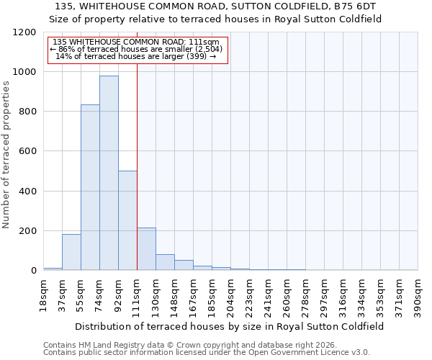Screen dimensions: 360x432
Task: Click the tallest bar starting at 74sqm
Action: (x=109, y=173)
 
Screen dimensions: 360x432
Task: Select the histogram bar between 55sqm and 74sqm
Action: (x=90, y=187)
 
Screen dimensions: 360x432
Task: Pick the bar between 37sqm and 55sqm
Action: (x=71, y=252)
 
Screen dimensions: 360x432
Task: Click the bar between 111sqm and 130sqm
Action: (x=146, y=249)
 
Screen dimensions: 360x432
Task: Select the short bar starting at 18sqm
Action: (x=53, y=269)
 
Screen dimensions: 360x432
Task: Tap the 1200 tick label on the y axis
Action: (x=23, y=32)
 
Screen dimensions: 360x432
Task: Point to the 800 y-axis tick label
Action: (x=26, y=112)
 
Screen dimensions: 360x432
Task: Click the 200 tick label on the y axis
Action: (x=26, y=231)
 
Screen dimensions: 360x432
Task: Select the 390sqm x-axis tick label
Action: (x=418, y=294)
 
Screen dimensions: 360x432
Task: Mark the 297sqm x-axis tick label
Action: (x=325, y=294)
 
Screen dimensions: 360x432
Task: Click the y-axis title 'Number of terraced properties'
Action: (x=6, y=154)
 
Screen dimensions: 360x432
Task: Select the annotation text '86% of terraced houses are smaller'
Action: (x=137, y=49)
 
